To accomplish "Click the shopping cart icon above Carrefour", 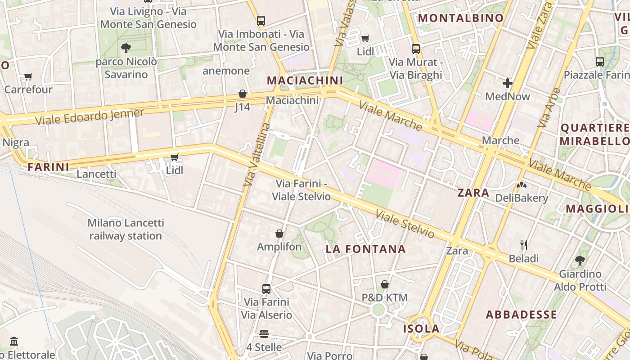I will pyautogui.click(x=28, y=77).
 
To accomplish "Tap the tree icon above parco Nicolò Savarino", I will pyautogui.click(x=126, y=48).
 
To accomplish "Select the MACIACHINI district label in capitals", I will pyautogui.click(x=305, y=81).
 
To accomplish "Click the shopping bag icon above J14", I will pyautogui.click(x=243, y=94).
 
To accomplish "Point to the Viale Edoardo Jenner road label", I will pyautogui.click(x=89, y=117).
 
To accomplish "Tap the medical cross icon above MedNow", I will pyautogui.click(x=508, y=83).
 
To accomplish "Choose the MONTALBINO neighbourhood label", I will pyautogui.click(x=461, y=18).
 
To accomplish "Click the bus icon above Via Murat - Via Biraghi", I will pyautogui.click(x=416, y=49).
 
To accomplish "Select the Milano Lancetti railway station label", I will pyautogui.click(x=126, y=229).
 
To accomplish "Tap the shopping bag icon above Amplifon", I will pyautogui.click(x=279, y=234).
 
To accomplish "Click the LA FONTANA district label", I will pyautogui.click(x=365, y=249).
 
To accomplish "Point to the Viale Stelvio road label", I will pyautogui.click(x=405, y=224).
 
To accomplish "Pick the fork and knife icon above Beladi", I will pyautogui.click(x=524, y=245).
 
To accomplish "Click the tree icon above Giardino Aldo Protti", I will pyautogui.click(x=580, y=260).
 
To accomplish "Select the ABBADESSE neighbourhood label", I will pyautogui.click(x=521, y=315).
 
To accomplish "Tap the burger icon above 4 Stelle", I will pyautogui.click(x=264, y=334).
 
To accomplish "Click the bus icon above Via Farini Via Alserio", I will pyautogui.click(x=266, y=288).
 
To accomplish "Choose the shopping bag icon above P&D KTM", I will pyautogui.click(x=385, y=284).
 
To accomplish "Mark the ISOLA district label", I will pyautogui.click(x=421, y=328).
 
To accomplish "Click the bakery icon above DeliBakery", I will pyautogui.click(x=522, y=184).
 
